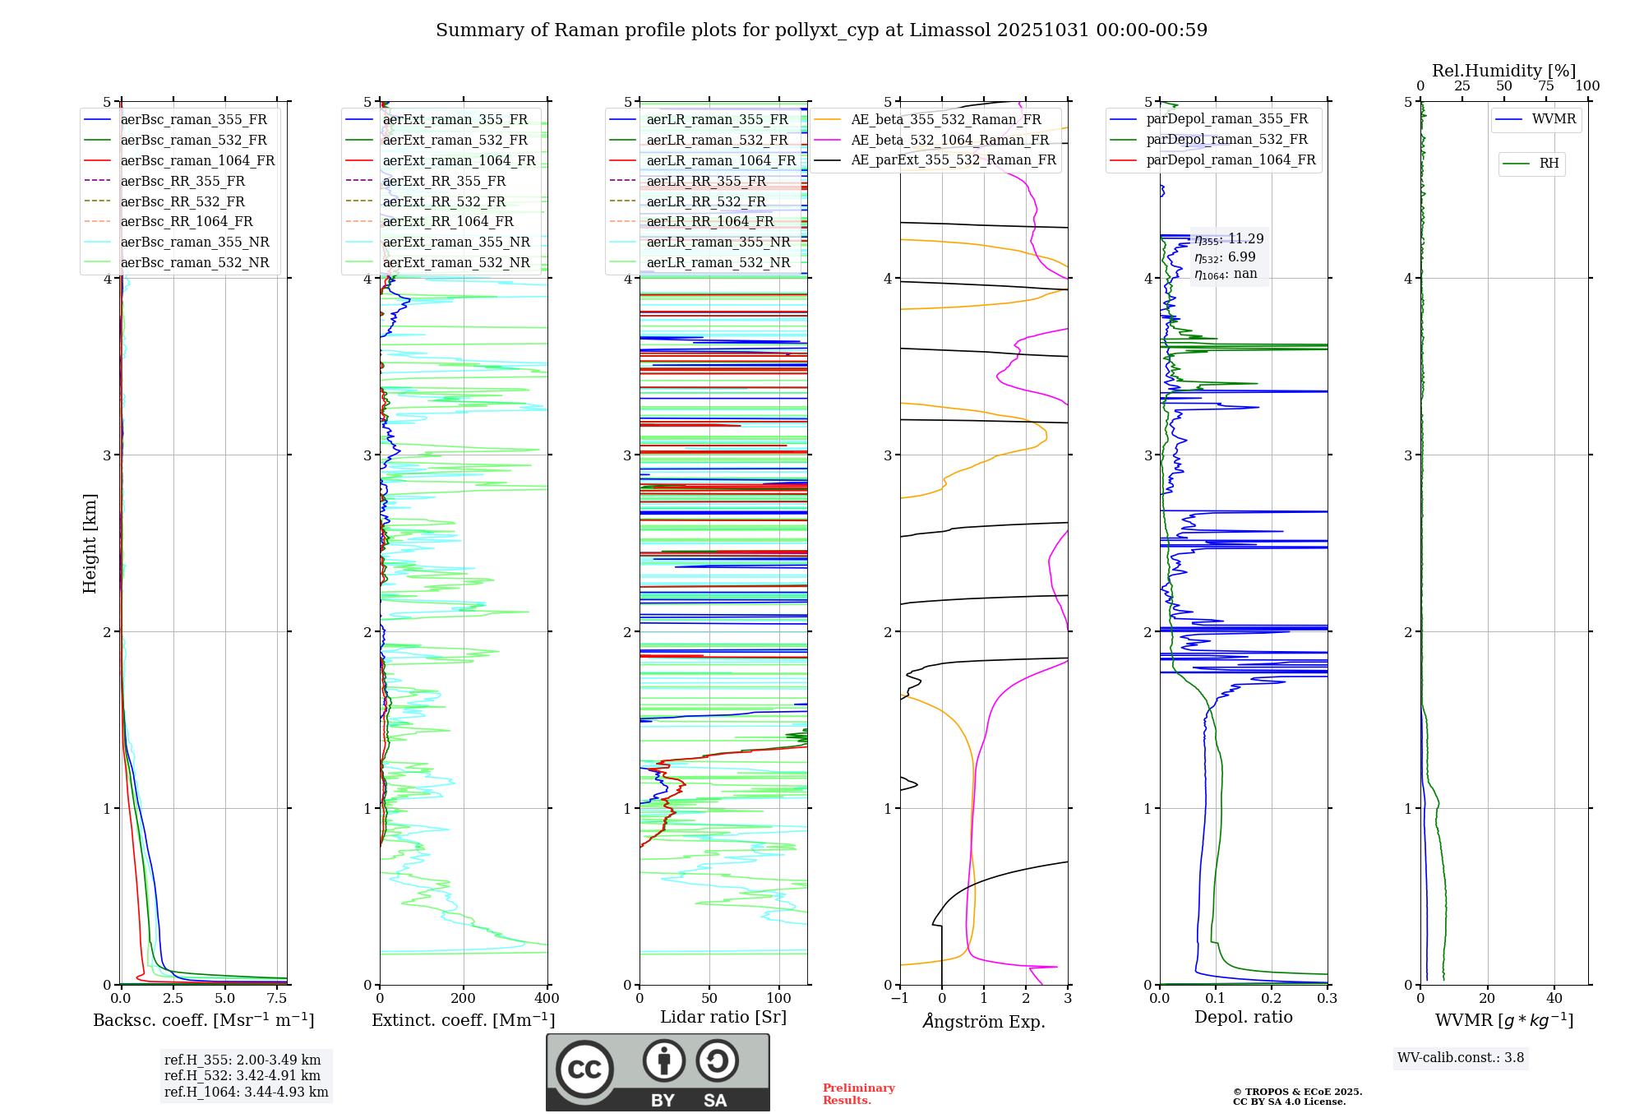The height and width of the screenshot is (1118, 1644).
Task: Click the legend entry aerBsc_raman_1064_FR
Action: point(197,160)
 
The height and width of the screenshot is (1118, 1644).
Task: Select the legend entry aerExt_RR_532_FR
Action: point(444,201)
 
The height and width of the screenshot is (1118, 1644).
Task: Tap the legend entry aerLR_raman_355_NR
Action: point(718,242)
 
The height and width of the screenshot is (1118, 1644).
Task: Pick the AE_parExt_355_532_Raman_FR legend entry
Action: point(953,159)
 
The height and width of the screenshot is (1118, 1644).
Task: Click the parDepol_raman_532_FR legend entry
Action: point(1226,139)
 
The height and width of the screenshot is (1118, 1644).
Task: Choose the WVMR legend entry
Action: point(1554,119)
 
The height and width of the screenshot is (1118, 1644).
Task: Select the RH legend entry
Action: point(1549,164)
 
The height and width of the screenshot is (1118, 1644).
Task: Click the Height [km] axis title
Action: point(90,543)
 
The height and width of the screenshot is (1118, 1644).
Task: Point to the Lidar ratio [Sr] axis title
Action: point(723,1017)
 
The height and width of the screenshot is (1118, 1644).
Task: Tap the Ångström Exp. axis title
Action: point(984,1021)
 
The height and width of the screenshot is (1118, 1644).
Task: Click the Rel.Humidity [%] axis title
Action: point(1503,71)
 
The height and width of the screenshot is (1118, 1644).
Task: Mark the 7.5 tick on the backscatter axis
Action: point(277,999)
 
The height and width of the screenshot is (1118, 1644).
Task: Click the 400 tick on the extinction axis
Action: point(547,999)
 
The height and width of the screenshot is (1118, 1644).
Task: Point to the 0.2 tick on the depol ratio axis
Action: point(1272,999)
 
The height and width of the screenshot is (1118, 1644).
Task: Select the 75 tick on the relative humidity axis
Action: point(1545,86)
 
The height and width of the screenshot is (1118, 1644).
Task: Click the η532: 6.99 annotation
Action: point(1225,257)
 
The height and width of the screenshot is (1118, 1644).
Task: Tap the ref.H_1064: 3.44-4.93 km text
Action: point(246,1093)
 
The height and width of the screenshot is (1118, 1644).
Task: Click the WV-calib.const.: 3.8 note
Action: point(1461,1058)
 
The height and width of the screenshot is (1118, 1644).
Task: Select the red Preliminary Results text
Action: point(858,1094)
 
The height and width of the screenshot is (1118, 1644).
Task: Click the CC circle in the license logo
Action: point(584,1069)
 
